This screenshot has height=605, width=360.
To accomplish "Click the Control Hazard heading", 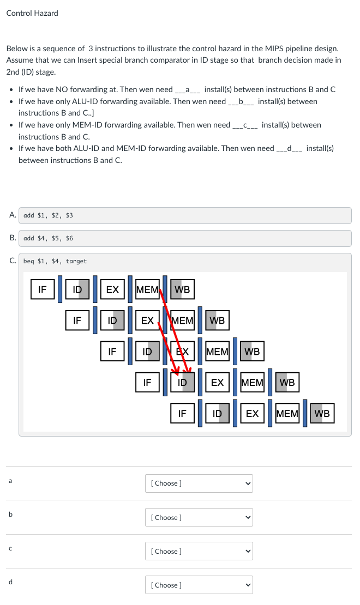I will point(32,13).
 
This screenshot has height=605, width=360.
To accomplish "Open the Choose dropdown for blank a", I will point(199,483).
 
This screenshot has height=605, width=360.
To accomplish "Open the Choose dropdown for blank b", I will point(199,517).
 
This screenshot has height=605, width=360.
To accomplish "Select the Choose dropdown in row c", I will point(199,551).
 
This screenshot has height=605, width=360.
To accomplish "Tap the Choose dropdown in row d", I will point(199,585).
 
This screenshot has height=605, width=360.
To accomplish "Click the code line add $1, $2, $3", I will point(49,215).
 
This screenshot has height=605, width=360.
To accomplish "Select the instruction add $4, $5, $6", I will point(49,238).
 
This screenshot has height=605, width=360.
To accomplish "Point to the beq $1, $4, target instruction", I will point(55,261).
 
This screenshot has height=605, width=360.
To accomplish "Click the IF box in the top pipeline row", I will point(43,289).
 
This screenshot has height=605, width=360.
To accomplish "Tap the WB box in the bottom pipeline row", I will point(322,413).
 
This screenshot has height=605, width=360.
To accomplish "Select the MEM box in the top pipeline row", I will point(147,289).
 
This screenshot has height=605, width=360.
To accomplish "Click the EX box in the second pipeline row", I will point(147,320).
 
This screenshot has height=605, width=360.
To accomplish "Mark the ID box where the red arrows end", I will point(182,383).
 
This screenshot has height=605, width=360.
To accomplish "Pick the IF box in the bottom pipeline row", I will point(182,413).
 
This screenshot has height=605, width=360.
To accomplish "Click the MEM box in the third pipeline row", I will point(217,352).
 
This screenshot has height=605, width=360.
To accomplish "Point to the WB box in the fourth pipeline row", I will point(287,383).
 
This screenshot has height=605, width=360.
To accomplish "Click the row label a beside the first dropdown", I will point(9,481).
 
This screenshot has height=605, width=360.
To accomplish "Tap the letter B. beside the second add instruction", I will point(13,238).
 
